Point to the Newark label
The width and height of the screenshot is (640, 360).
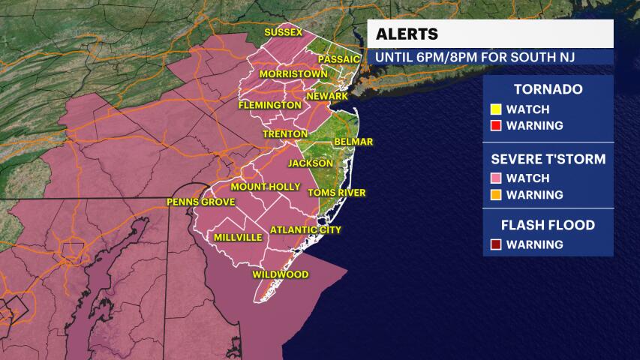pyautogui.click(x=327, y=96)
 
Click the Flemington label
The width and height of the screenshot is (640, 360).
pyautogui.click(x=269, y=106)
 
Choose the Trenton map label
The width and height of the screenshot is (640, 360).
pyautogui.click(x=281, y=133)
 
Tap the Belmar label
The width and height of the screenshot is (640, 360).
pyautogui.click(x=355, y=141)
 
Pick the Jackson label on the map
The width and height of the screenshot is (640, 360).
pyautogui.click(x=311, y=163)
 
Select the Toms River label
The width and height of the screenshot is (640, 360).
pyautogui.click(x=337, y=193)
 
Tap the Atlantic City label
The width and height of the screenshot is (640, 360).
pyautogui.click(x=305, y=229)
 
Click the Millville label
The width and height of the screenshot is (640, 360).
pyautogui.click(x=238, y=237)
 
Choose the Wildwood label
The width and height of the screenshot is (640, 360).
pyautogui.click(x=280, y=274)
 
